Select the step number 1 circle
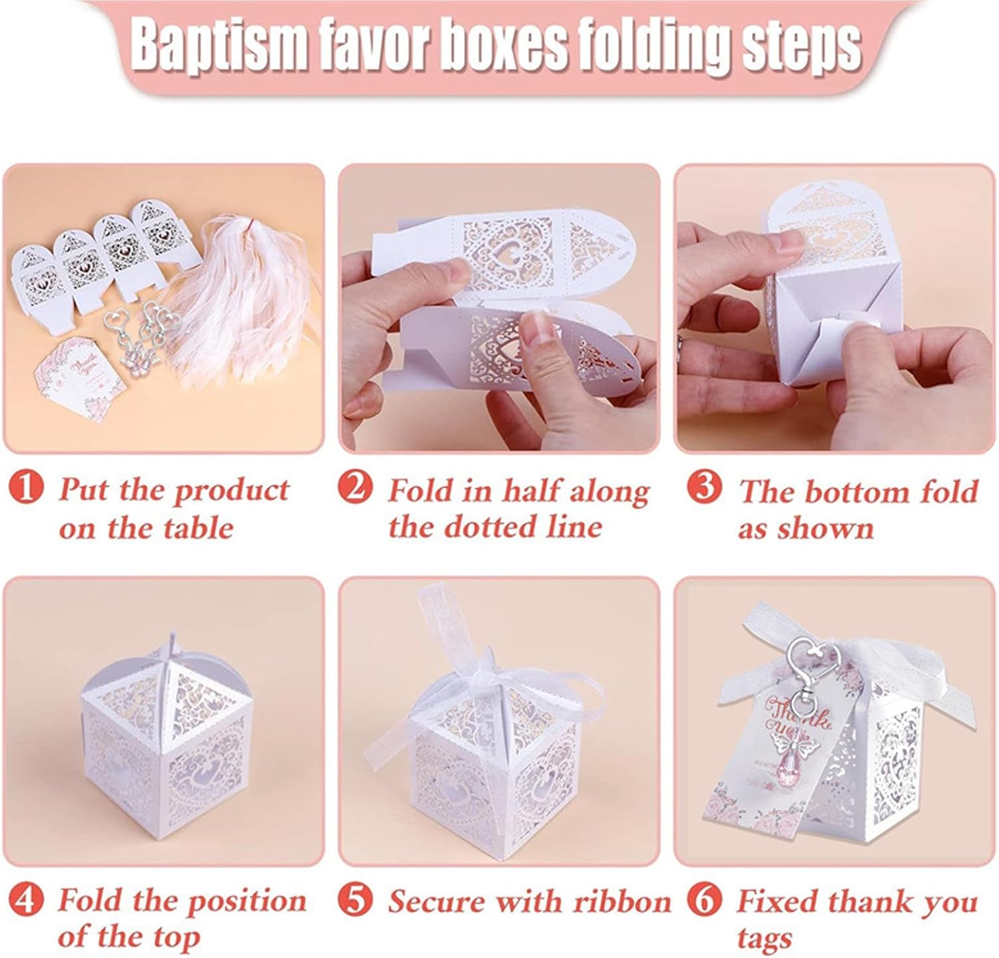point(26,489)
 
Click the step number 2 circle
point(356,489)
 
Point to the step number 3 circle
point(704,489)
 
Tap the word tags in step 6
point(765,939)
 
